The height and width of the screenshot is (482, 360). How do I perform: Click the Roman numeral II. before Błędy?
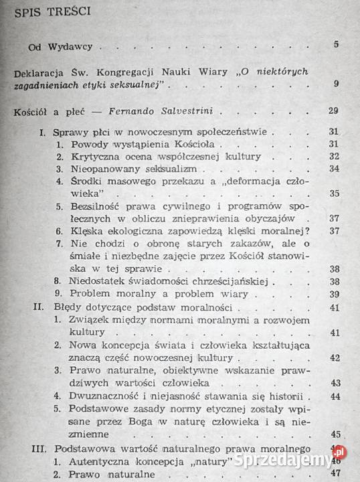tap(38, 307)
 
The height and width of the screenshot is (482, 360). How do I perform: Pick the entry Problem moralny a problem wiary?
tap(159, 295)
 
